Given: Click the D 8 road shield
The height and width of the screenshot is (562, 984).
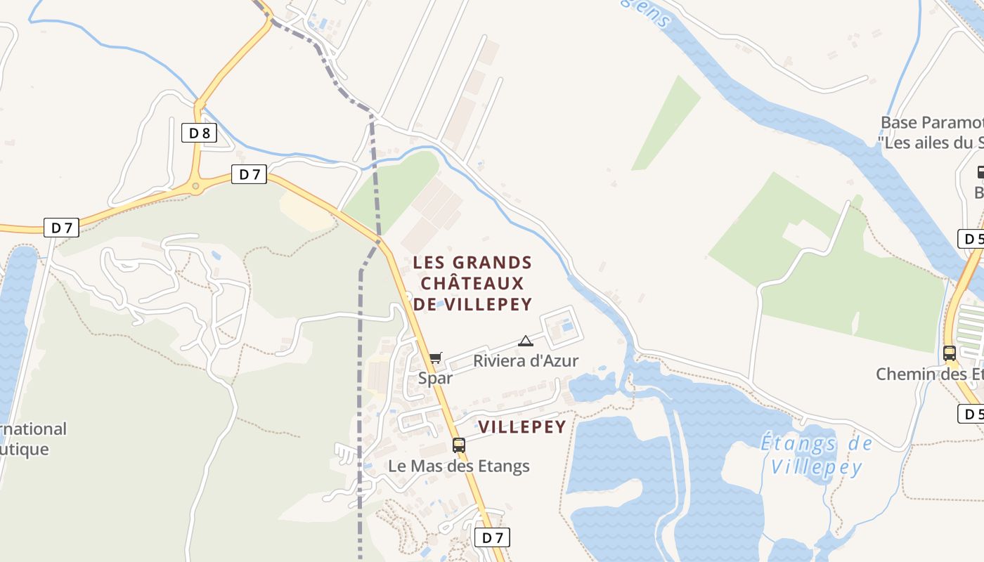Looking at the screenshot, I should coord(199,133).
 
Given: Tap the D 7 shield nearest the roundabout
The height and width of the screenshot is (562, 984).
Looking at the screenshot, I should coord(250,174).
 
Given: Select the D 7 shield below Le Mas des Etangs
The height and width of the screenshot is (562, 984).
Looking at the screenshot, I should coord(492,538).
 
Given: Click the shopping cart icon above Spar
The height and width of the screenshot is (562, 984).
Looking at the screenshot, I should coord(436,358).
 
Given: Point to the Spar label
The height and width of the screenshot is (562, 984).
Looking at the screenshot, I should coord(436,378).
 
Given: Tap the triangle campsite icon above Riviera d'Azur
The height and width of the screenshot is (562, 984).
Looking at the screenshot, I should coord(525,341).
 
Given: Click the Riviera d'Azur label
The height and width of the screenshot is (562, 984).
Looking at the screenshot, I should coord(526,361).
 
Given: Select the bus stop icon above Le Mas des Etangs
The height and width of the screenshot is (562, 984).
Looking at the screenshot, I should coord(459,445).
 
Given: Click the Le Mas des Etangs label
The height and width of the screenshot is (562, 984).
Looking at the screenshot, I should coord(459,466).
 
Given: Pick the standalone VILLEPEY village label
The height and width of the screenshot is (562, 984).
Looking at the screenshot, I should coord(522,427).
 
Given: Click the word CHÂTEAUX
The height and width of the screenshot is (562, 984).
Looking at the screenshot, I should coord(472,283).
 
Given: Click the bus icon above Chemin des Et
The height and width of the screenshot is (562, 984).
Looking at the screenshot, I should coord(949,353).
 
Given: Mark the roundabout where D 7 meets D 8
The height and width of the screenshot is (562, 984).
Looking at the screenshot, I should coord(195,186).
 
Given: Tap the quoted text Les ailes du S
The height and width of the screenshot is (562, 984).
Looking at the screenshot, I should coord(931,143).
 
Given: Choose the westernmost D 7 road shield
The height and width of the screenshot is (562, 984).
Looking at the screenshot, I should coord(61,228).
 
